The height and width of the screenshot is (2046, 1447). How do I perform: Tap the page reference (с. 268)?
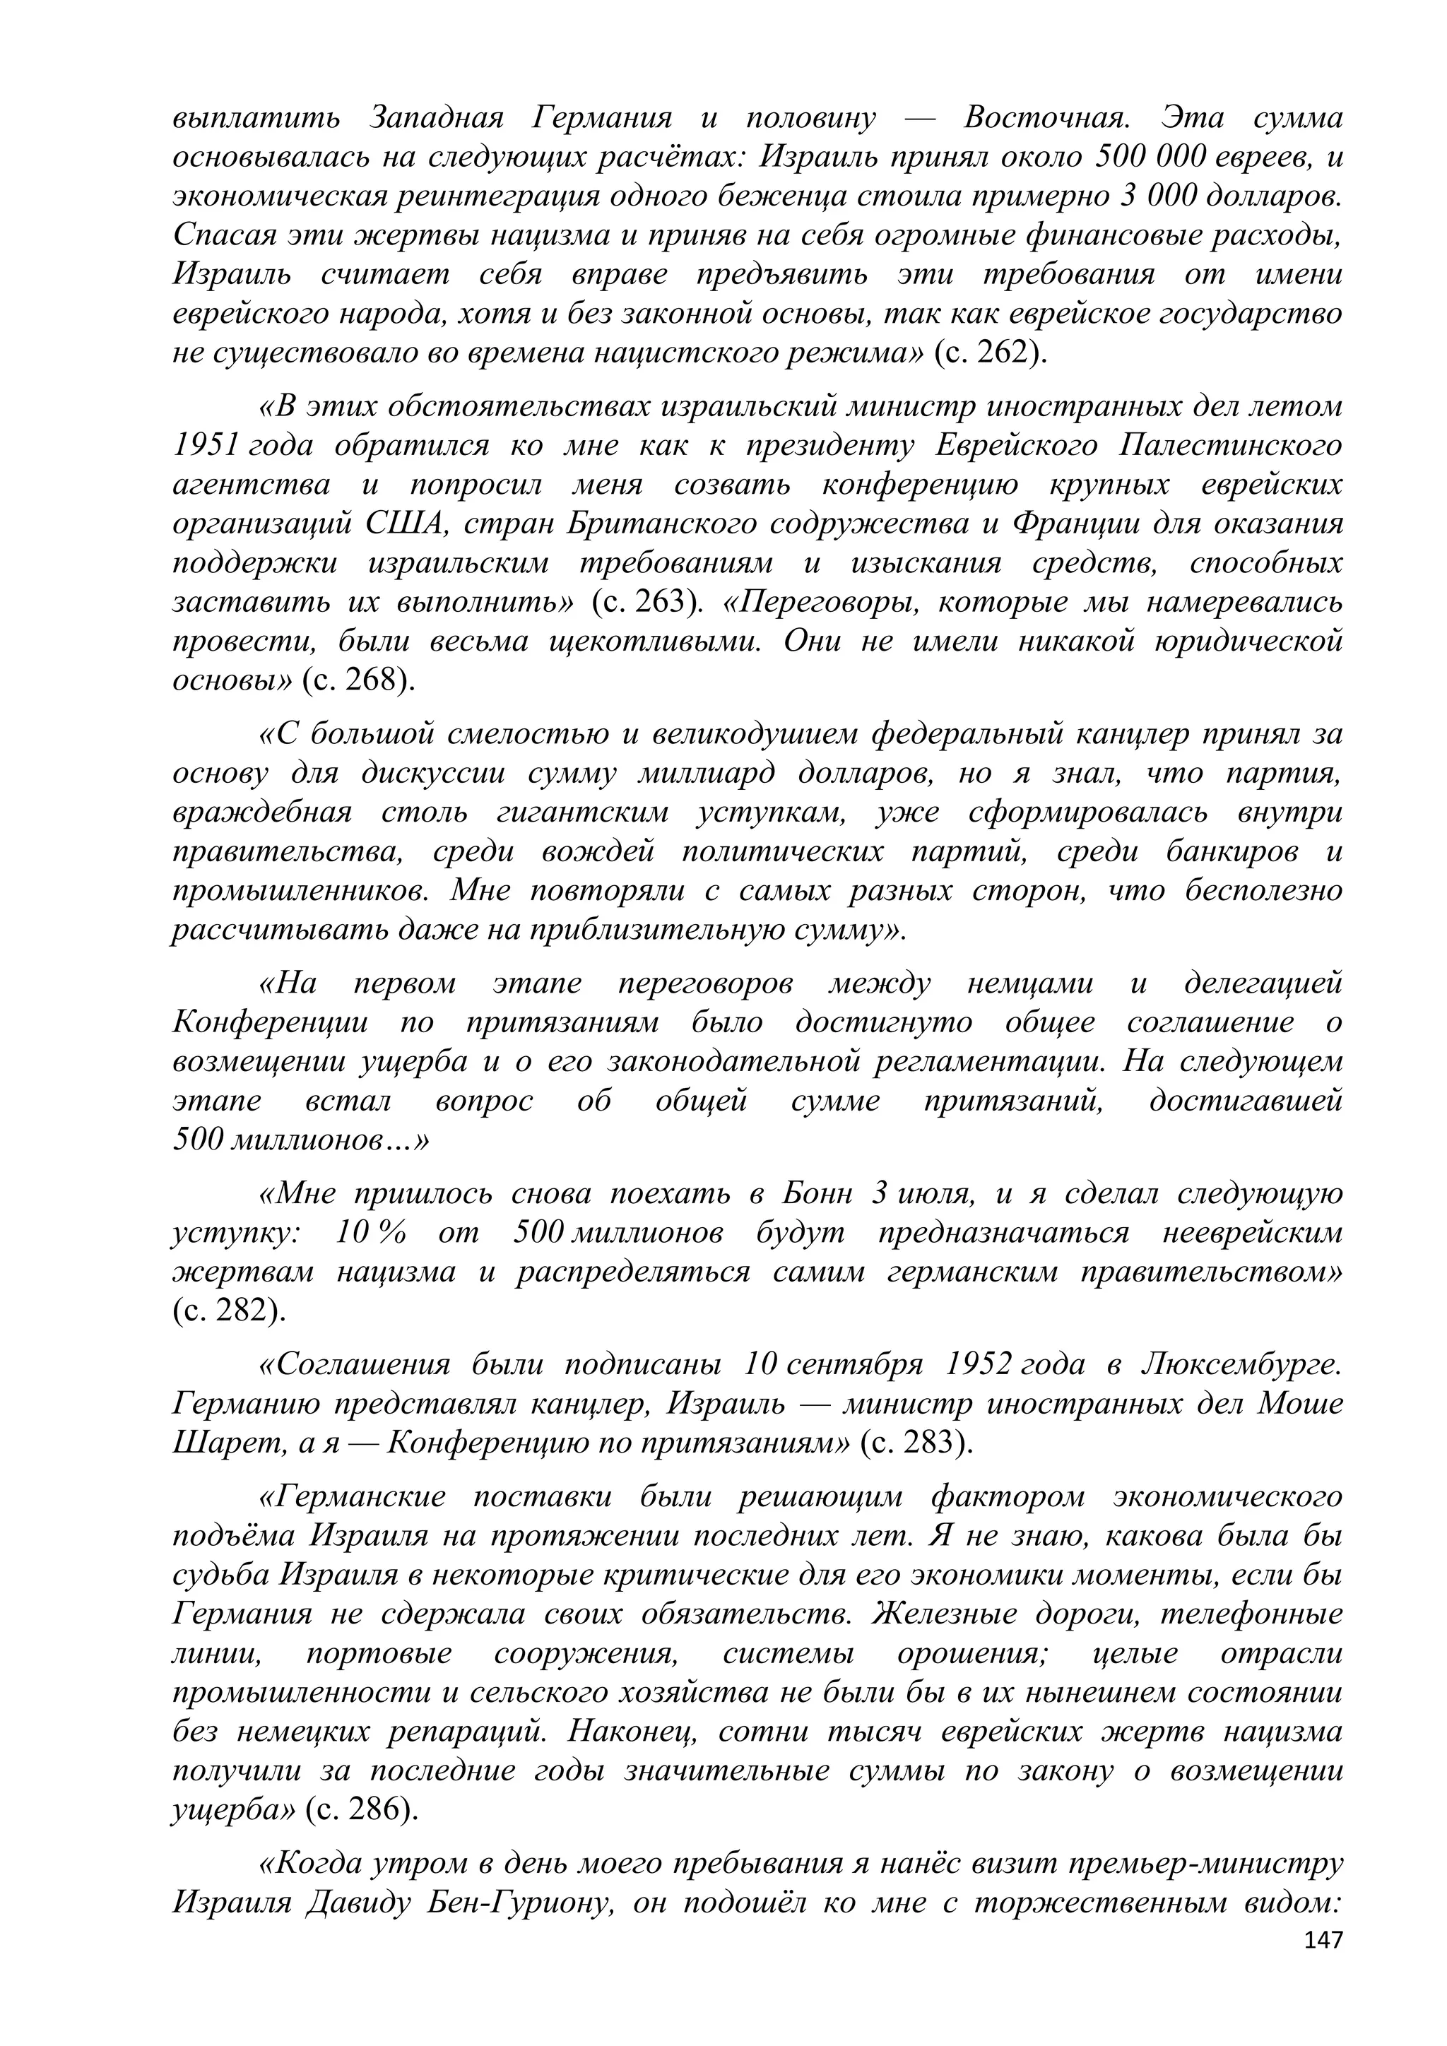click(358, 681)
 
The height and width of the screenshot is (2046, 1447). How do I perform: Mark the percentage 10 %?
click(372, 1234)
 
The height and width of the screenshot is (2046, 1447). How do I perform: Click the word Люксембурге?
click(1240, 1364)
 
